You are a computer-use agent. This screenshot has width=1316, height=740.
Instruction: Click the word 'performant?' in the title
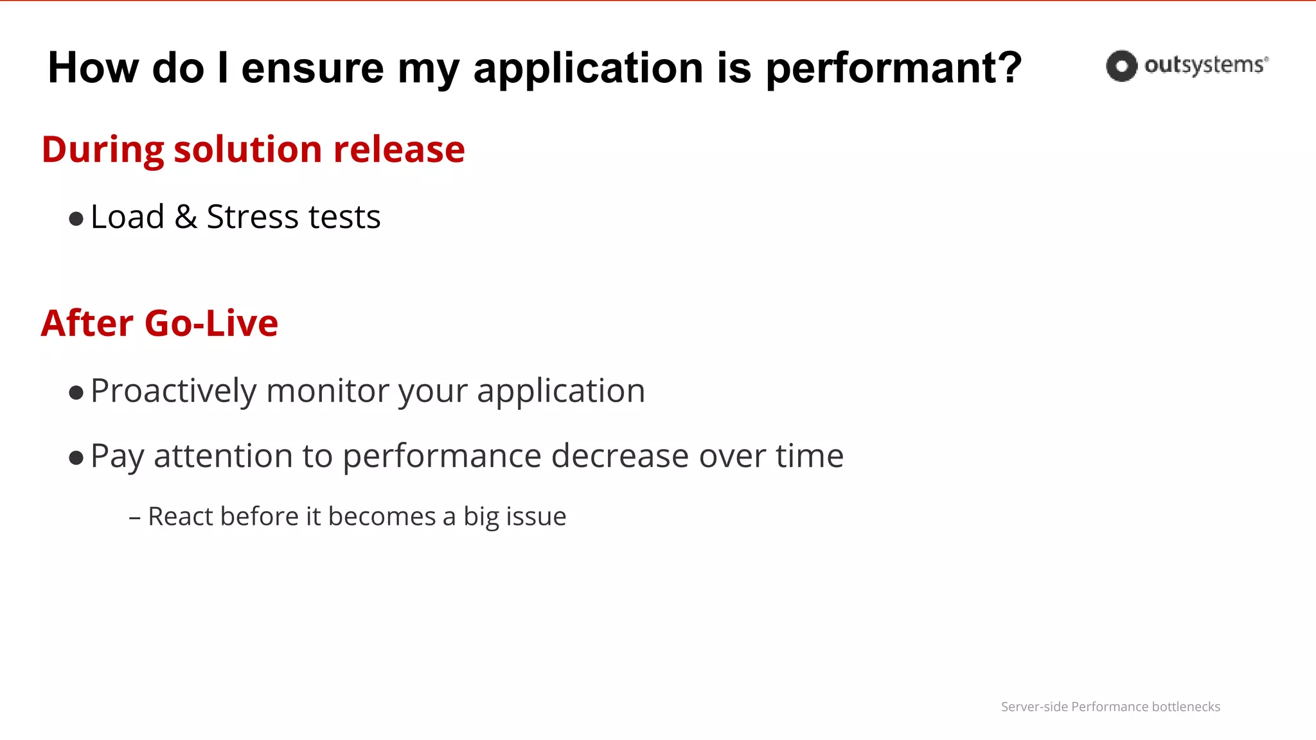pos(893,68)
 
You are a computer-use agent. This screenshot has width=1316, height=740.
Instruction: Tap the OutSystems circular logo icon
pos(1121,66)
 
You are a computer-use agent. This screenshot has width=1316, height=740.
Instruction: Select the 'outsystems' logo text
pos(1205,65)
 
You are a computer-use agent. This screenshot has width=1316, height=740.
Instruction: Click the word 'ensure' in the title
pos(312,68)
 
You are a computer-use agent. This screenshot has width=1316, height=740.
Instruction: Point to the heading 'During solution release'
pos(253,150)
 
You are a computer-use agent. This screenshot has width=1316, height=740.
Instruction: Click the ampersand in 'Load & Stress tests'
pos(186,217)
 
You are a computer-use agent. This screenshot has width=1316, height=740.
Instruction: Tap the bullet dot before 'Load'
pos(76,219)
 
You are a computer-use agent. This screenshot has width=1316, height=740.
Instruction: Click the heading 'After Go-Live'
pos(159,323)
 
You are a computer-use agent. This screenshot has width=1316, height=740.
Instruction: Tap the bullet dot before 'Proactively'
pos(76,392)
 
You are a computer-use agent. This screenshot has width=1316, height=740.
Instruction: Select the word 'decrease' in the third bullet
pos(619,456)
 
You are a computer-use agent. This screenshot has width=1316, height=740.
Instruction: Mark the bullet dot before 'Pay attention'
pos(76,458)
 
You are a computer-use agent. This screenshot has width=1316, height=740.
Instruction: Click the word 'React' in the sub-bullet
pos(179,516)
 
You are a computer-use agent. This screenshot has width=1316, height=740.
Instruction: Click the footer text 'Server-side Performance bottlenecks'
pos(1110,707)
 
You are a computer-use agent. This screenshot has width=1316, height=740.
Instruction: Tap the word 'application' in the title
pos(588,68)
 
